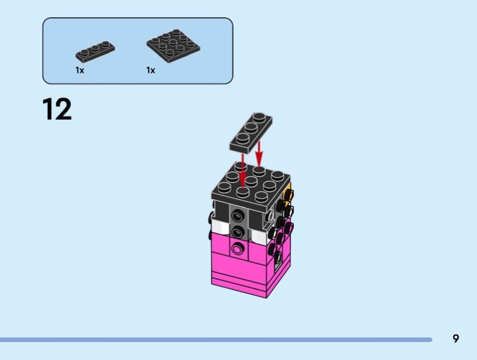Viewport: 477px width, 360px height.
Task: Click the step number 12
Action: (x=57, y=109)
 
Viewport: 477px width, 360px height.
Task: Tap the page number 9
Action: (x=456, y=339)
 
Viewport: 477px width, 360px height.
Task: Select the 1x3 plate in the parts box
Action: (x=95, y=51)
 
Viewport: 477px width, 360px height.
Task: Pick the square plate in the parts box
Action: (x=173, y=46)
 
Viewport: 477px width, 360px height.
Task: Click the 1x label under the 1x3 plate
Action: (x=80, y=70)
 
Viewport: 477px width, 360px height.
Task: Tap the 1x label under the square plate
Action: (x=151, y=70)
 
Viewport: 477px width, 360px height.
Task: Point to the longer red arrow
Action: (x=243, y=171)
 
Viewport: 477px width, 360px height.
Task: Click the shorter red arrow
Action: (x=259, y=154)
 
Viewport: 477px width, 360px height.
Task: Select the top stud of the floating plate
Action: (x=259, y=117)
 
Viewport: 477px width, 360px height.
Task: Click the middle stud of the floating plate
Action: (x=251, y=128)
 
